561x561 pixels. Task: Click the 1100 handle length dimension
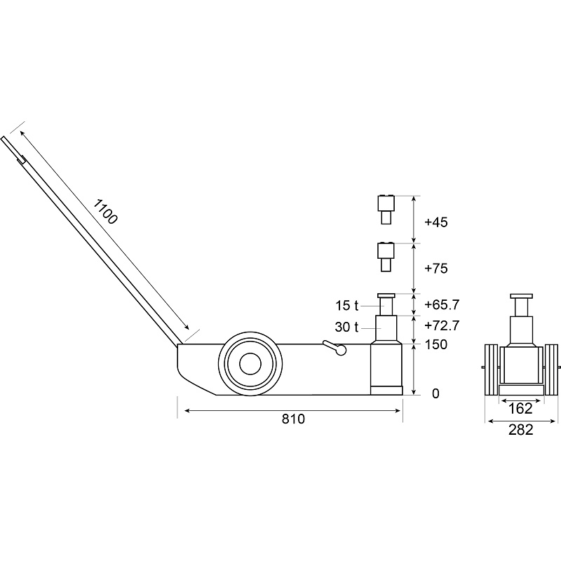[x=105, y=212]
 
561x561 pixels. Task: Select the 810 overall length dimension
[x=293, y=419]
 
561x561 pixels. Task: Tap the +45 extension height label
[x=435, y=222]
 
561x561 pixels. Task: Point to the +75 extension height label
[x=435, y=269]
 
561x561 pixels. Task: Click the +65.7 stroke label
[x=442, y=305]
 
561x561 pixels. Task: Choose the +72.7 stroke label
[x=442, y=326]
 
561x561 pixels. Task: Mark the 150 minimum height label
[x=435, y=344]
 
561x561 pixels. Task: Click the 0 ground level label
[x=435, y=393]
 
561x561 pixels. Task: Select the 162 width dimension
[x=520, y=409]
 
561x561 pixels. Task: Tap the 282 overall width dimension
[x=520, y=430]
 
